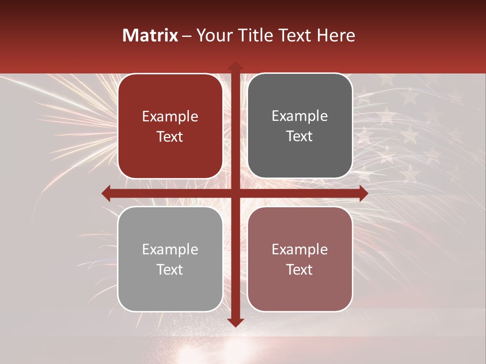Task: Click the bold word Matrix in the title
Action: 150,35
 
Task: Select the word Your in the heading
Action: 213,35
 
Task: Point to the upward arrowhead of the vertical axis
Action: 235,66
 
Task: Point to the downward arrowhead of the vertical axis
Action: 235,322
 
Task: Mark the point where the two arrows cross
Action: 235,193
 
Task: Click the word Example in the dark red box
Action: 170,117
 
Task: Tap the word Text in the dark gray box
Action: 300,136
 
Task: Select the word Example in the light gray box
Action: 170,250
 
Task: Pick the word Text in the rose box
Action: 300,270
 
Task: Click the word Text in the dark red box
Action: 170,137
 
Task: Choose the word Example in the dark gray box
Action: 300,116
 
